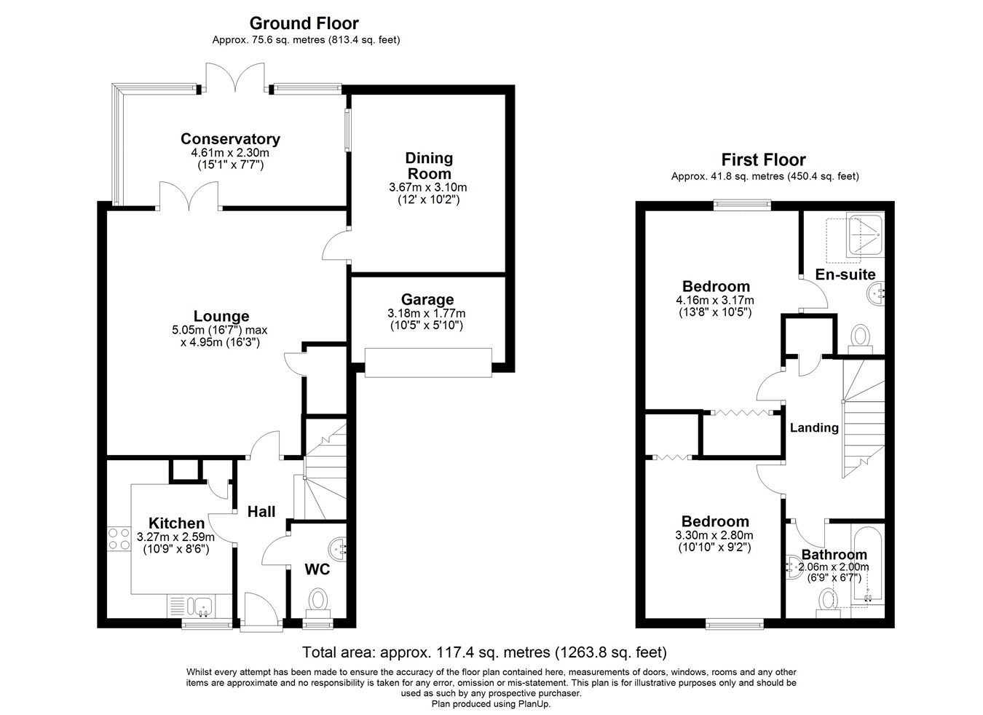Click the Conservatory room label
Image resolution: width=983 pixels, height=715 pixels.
(x=230, y=138)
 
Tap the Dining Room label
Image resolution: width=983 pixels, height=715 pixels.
(x=428, y=165)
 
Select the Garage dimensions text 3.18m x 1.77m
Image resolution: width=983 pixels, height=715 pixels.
(x=427, y=313)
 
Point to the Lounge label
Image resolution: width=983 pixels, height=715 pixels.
(x=221, y=316)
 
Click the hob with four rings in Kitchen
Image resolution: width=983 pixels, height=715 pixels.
(x=119, y=539)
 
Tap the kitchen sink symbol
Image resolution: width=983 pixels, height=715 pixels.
(x=200, y=606)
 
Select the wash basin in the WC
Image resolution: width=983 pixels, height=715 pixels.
(x=338, y=548)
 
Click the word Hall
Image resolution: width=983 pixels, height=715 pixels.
(x=261, y=511)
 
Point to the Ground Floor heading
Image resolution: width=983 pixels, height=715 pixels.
(x=304, y=23)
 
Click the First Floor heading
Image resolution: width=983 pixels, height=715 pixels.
(x=764, y=159)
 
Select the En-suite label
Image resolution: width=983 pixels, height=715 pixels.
(x=845, y=274)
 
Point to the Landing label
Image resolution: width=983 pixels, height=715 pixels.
(x=814, y=427)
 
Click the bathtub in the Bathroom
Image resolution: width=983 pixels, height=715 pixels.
(x=867, y=571)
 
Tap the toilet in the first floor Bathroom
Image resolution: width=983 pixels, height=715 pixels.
(x=828, y=604)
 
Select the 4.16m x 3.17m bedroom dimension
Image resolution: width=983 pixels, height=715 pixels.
(x=715, y=300)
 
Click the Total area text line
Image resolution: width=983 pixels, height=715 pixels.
(x=484, y=652)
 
